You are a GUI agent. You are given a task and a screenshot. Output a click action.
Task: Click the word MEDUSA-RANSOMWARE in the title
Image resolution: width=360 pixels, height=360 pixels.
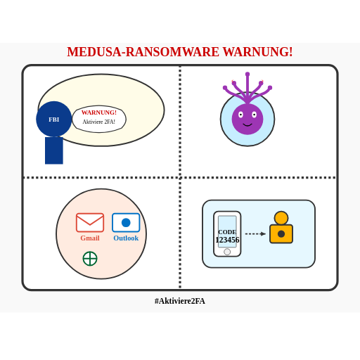pos(143,52)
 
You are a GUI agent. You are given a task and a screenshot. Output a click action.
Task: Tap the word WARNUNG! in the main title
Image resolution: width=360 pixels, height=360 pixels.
pos(257,52)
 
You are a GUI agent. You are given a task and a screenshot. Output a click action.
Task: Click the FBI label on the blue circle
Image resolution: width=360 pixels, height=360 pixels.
pos(54,120)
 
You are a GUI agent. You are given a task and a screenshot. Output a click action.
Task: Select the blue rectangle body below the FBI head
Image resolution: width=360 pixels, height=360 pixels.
pos(54,150)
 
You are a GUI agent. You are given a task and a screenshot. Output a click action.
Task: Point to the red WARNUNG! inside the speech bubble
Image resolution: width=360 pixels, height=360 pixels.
pos(99,112)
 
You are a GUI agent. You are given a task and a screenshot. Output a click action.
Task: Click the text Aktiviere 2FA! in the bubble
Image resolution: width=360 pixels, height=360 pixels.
pos(99,122)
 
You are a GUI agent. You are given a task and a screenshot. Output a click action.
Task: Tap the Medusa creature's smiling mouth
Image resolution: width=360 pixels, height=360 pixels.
pos(247,125)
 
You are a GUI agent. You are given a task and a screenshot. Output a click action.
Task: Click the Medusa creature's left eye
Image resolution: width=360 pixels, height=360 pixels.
pos(240,115)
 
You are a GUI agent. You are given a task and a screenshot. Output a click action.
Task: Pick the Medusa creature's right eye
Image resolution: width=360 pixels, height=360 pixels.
pos(255,115)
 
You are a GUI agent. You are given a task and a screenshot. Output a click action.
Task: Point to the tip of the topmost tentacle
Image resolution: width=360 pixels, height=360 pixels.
pos(247,74)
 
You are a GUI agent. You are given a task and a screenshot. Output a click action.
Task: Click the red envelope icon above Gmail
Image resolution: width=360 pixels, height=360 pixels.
pos(90,222)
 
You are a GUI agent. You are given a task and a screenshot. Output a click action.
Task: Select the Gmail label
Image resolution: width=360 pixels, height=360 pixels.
pos(90,238)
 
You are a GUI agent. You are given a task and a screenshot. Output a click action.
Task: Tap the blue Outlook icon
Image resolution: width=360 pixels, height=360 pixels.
pos(126,222)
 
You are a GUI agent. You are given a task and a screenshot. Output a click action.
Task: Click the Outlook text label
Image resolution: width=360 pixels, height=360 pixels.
pos(126,238)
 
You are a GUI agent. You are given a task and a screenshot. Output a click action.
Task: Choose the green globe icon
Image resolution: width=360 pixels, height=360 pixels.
pos(90,259)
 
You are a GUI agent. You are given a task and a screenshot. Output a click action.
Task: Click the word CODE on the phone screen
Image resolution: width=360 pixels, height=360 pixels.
pos(227,232)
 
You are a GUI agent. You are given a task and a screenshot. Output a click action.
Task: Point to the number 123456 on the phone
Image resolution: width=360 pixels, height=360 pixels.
pos(227,240)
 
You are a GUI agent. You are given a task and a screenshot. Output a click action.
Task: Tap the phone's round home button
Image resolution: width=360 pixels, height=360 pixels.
pos(227,252)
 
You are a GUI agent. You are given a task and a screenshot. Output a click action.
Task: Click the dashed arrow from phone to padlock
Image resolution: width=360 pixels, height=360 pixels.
pos(255,233)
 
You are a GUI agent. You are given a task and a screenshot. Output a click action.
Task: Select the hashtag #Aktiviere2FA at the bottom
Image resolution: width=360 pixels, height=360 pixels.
pos(180,301)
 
